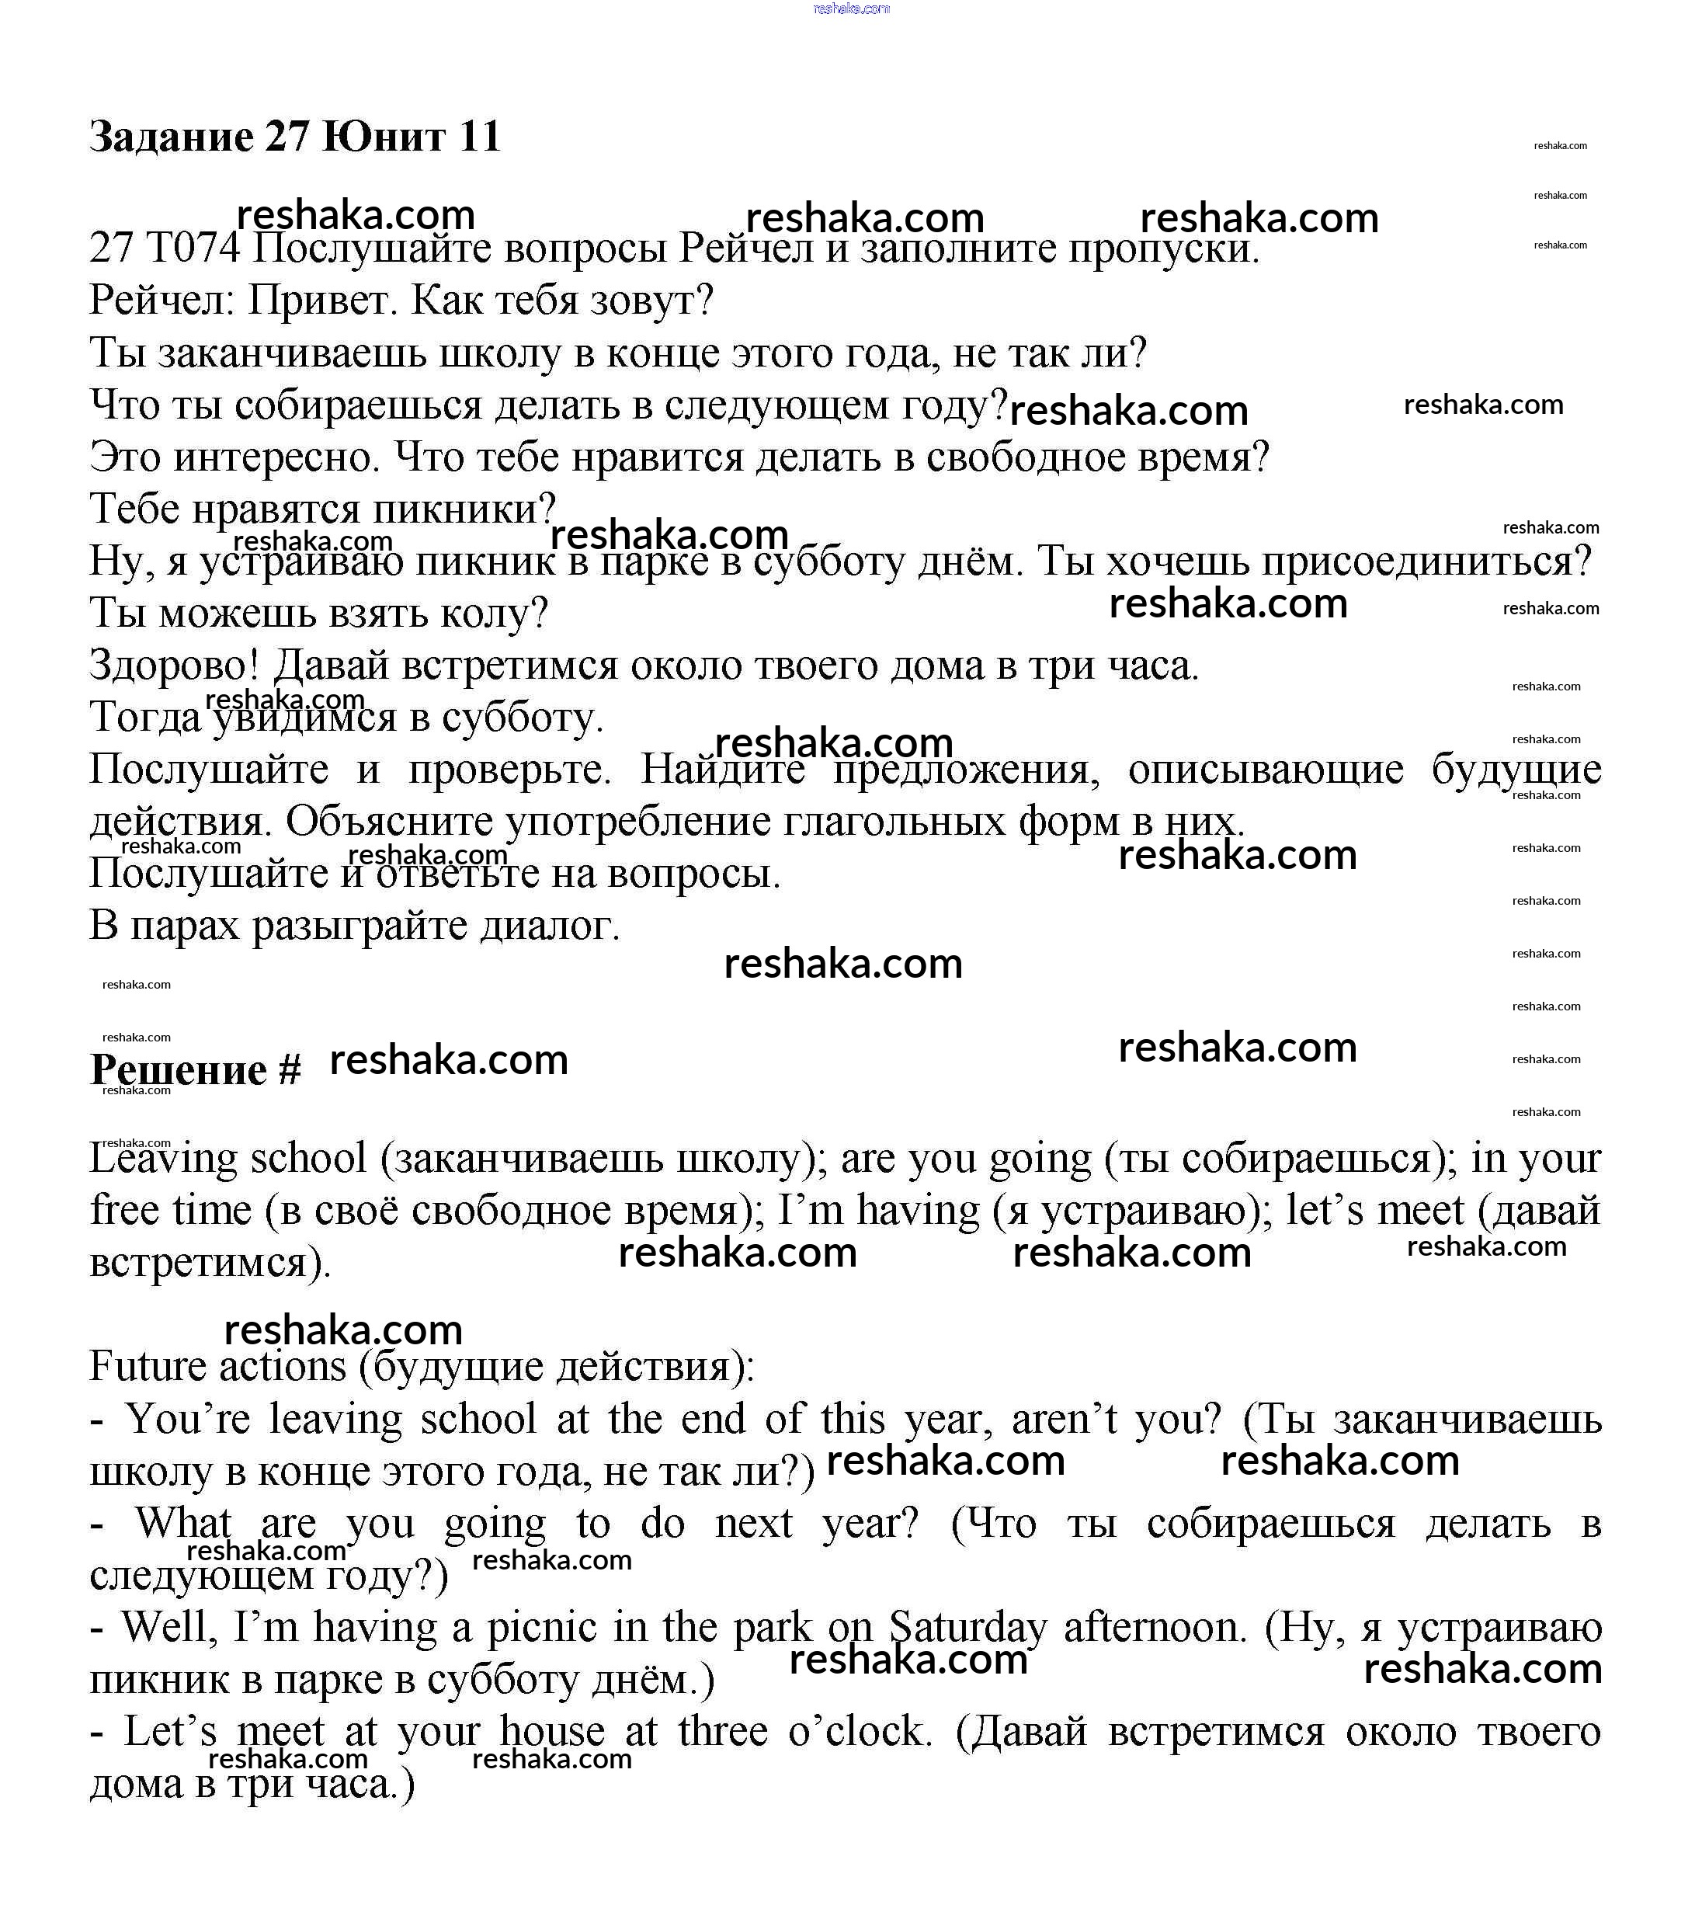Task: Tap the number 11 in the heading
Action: pyautogui.click(x=480, y=137)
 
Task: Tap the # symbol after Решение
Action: pyautogui.click(x=290, y=1070)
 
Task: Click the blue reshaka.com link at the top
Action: pyautogui.click(x=851, y=9)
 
